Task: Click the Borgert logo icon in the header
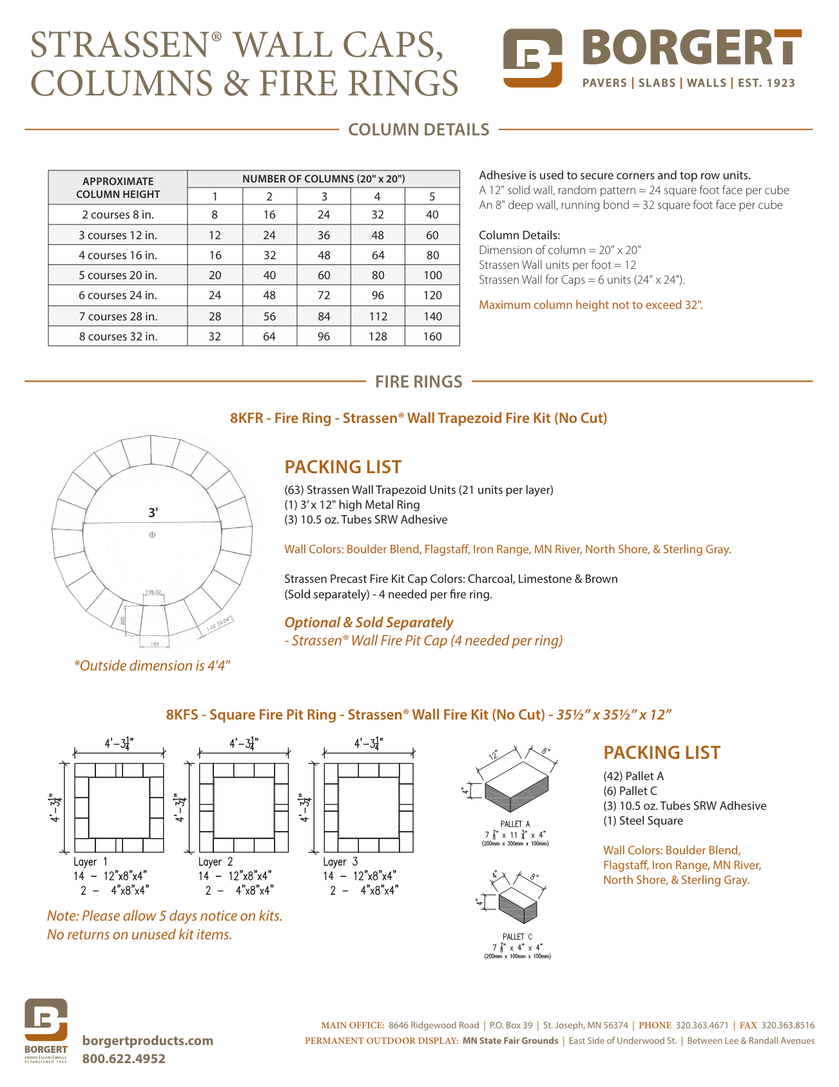532,58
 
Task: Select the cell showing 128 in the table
378,337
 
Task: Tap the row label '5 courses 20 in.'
118,275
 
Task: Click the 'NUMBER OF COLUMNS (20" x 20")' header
323,179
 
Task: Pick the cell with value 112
378,317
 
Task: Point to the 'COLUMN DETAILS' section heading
419,130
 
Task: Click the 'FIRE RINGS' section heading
419,382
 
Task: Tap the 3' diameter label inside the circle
153,513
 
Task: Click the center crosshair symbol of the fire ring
152,534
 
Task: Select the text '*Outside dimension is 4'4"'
152,665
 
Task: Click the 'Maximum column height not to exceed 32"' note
591,305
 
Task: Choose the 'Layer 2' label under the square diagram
215,862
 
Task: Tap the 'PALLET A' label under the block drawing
515,824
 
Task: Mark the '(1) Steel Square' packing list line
643,821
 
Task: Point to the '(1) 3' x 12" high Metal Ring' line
352,505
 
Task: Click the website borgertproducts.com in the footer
148,1041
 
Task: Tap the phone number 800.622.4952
124,1059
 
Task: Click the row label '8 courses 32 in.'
118,337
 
